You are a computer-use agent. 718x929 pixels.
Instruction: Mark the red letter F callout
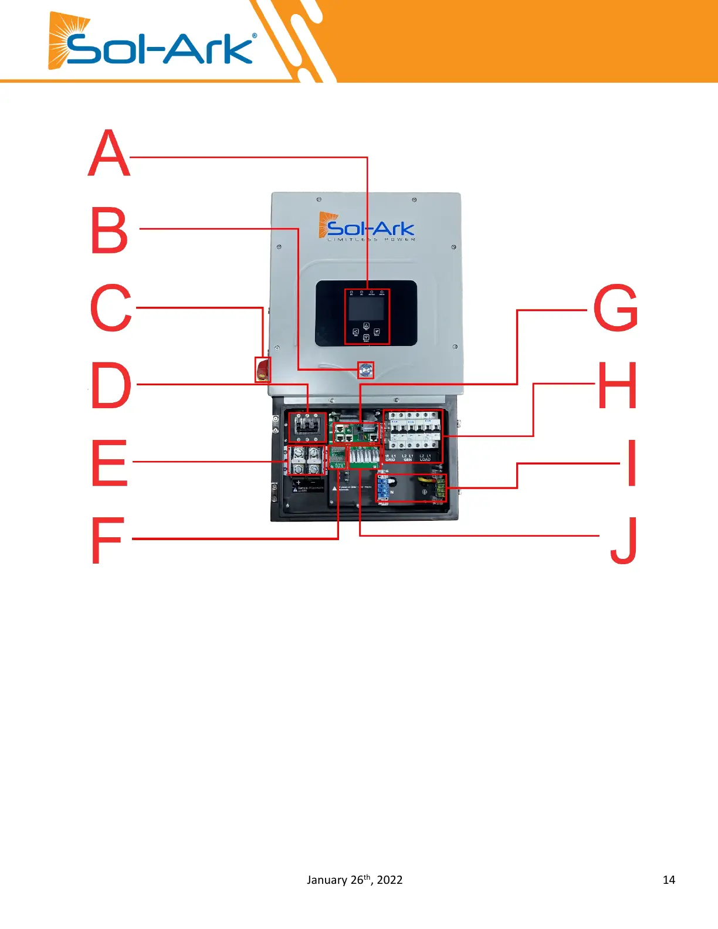(108, 540)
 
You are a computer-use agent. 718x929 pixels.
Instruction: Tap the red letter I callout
(632, 463)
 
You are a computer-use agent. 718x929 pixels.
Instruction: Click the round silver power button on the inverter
(366, 369)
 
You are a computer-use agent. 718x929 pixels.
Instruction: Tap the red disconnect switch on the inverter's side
(262, 369)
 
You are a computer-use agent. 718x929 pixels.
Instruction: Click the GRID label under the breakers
(390, 460)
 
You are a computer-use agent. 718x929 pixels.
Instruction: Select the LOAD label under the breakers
(425, 460)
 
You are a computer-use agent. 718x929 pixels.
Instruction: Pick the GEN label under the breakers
(408, 460)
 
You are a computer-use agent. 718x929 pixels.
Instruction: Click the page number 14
(669, 880)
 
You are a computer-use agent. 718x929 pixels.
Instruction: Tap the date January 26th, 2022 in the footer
(354, 880)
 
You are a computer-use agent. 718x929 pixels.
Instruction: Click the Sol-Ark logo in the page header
(153, 44)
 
